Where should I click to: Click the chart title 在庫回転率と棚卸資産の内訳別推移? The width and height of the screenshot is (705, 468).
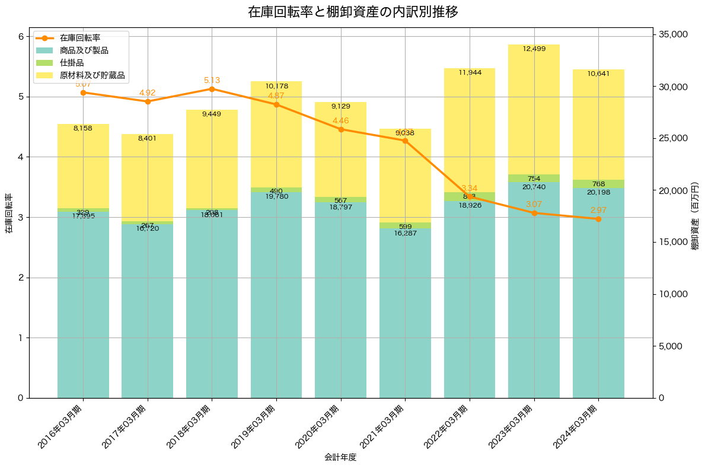point(352,12)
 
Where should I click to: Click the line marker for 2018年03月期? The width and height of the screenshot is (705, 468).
point(212,89)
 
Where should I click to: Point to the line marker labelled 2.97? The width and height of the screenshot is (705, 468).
point(598,219)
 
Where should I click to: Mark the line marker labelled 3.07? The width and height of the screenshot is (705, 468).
point(534,212)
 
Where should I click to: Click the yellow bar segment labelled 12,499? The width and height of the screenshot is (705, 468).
point(534,110)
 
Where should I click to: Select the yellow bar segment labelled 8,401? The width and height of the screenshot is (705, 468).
point(147,177)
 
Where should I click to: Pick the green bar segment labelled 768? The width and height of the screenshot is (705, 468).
point(598,184)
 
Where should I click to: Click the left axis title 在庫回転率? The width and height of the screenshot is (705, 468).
point(8,214)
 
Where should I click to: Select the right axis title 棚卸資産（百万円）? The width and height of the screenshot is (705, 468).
point(696,216)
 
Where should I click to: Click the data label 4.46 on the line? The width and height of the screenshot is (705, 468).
point(340,121)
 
